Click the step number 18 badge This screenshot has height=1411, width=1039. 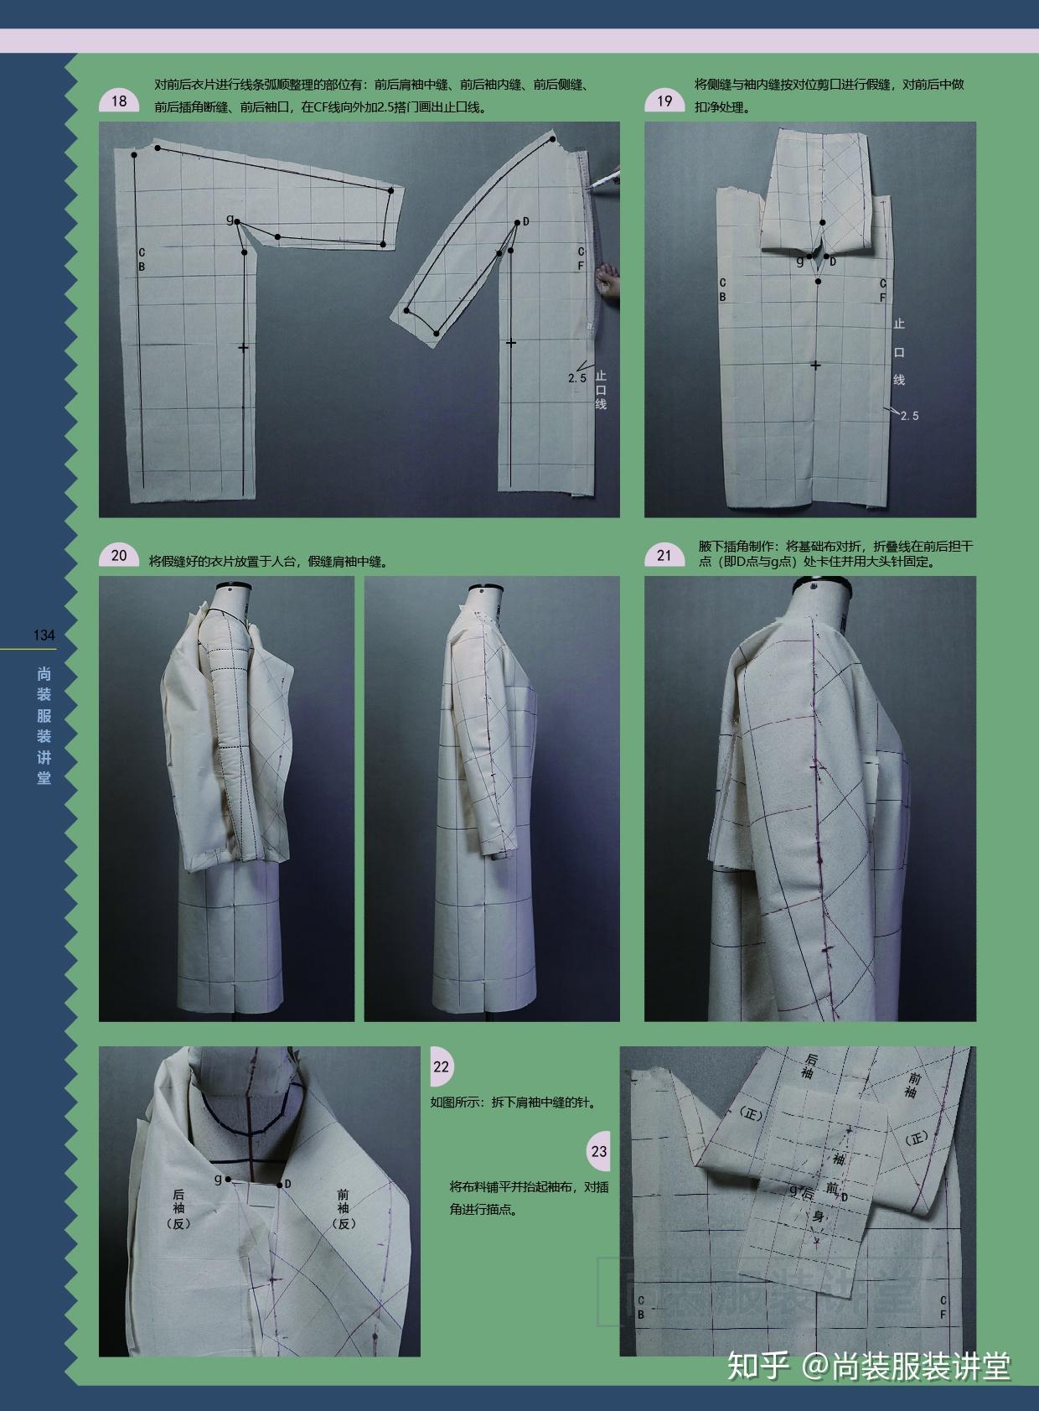(x=119, y=101)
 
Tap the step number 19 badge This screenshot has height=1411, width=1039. (x=664, y=101)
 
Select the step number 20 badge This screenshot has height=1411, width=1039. (x=119, y=556)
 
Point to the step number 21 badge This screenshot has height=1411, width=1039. (x=664, y=556)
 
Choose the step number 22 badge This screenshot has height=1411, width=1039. (x=442, y=1067)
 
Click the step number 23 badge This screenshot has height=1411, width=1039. (x=599, y=1151)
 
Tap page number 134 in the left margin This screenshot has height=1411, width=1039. (x=44, y=635)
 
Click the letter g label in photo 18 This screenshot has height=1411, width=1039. (x=230, y=219)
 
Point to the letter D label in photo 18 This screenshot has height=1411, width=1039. (x=525, y=222)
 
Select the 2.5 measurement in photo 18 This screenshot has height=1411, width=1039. (x=577, y=378)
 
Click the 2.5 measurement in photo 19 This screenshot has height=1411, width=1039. (x=909, y=416)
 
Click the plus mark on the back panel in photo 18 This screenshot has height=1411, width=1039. (x=243, y=347)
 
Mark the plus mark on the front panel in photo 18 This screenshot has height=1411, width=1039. (x=511, y=342)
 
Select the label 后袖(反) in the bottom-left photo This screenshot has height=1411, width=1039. (x=178, y=1208)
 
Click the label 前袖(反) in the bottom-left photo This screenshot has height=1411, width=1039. (x=344, y=1208)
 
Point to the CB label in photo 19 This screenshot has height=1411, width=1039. (x=723, y=290)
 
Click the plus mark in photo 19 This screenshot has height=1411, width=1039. (x=816, y=365)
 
